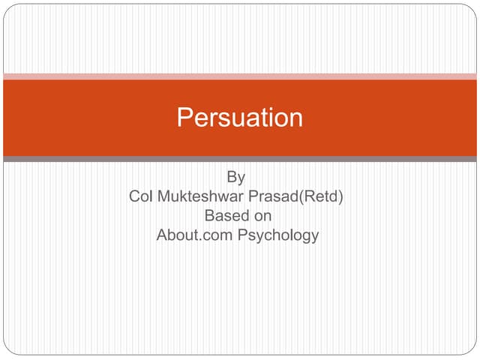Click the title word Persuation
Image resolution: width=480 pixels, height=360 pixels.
click(x=240, y=118)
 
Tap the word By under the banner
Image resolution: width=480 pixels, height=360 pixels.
click(x=236, y=178)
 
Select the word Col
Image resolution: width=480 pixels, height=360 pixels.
click(x=140, y=197)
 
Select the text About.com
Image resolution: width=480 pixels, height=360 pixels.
click(x=194, y=235)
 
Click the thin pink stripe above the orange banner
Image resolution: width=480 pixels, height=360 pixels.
click(x=240, y=76)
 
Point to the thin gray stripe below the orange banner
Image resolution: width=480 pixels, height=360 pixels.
click(x=240, y=159)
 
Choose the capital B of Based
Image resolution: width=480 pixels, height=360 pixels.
click(x=210, y=216)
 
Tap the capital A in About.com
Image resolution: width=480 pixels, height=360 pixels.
click(x=162, y=235)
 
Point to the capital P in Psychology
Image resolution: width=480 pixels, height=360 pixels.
click(x=243, y=235)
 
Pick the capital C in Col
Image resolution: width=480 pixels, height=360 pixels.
click(x=135, y=197)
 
